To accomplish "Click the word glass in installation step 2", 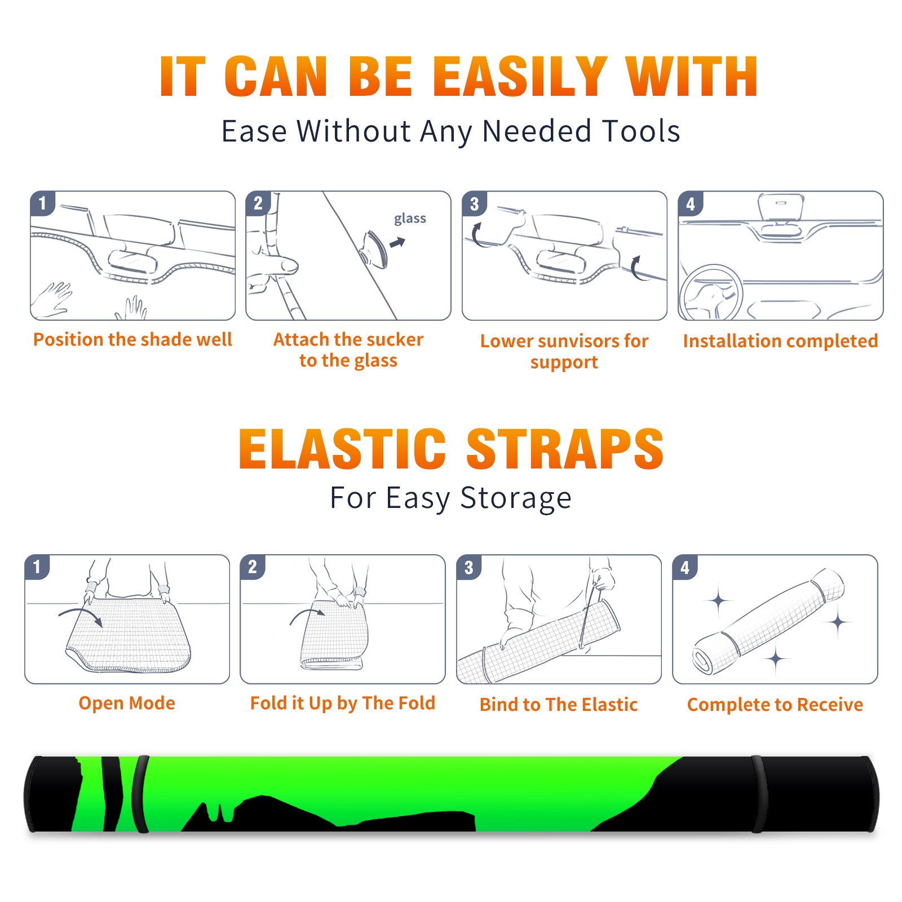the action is click(x=410, y=219).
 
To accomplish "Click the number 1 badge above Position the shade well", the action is click(x=43, y=203).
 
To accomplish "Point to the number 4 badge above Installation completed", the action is click(x=691, y=203).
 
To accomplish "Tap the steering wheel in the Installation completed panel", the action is click(x=711, y=293).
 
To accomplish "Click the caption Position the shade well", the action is click(x=132, y=339).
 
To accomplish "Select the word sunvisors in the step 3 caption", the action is click(x=577, y=341).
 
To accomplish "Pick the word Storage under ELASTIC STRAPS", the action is click(x=516, y=498).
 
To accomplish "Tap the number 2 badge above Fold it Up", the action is click(x=253, y=567).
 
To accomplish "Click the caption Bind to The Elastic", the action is click(x=559, y=705).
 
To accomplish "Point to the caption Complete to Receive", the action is click(x=775, y=705).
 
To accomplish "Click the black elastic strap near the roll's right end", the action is click(x=759, y=794).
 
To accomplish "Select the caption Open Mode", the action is click(x=127, y=703).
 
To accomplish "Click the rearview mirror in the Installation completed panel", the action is click(x=780, y=206).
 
